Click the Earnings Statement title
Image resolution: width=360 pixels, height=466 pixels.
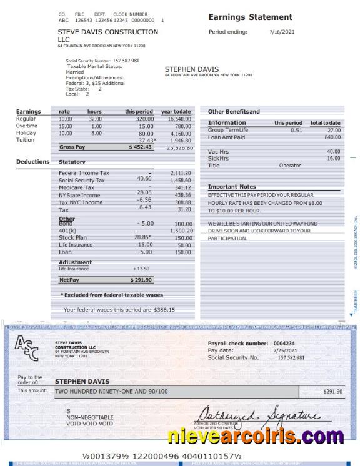(x=250, y=17)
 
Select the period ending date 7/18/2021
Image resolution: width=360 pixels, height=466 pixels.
(x=282, y=31)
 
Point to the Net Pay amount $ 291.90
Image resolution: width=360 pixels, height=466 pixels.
(x=141, y=280)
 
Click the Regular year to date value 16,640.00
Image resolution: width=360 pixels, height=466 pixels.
(x=180, y=119)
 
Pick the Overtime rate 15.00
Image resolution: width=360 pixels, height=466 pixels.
(x=65, y=126)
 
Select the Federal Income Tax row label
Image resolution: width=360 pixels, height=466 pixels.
(x=84, y=173)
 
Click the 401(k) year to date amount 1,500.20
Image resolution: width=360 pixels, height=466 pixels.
(x=181, y=231)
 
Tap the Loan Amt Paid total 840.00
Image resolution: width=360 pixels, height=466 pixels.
(x=332, y=137)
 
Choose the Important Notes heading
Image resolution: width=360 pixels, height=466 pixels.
(x=232, y=187)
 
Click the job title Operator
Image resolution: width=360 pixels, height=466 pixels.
(x=290, y=166)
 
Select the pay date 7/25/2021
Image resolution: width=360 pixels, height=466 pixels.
(x=282, y=350)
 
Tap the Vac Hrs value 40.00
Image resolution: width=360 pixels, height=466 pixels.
(x=333, y=152)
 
